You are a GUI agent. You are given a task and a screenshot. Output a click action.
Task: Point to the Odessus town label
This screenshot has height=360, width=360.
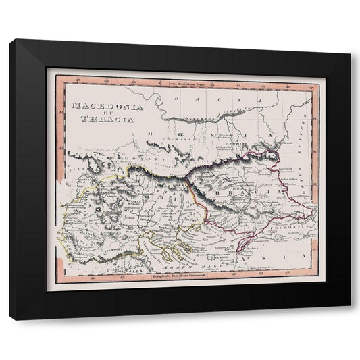(283, 145)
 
